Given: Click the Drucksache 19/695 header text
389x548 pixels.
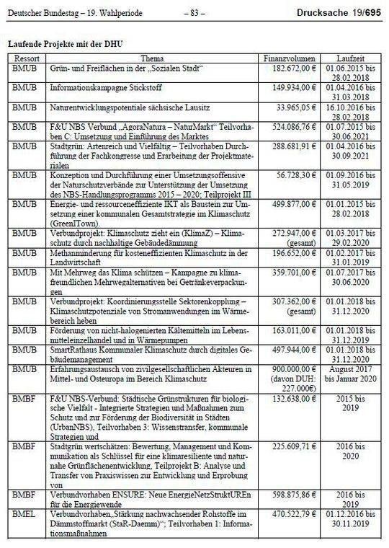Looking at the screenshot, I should [340, 13].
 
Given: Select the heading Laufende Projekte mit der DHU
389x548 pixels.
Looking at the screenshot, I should [65, 44].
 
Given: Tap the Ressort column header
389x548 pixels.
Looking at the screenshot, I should [26, 57].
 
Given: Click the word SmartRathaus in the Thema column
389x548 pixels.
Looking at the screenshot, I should [73, 348].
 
